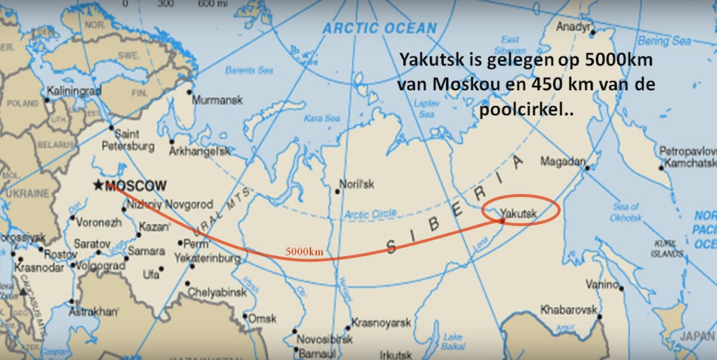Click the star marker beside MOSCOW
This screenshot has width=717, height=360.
tap(98, 185)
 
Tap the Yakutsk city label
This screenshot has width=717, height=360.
tap(518, 213)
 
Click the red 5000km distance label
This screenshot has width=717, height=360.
tap(304, 252)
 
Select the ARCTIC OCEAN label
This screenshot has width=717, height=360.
tap(380, 28)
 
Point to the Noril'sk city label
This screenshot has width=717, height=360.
tap(357, 184)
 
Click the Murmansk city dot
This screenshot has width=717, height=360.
tap(189, 92)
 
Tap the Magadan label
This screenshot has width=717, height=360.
tap(563, 161)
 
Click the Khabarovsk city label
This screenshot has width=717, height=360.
tap(569, 309)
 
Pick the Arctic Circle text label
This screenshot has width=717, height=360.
tap(370, 214)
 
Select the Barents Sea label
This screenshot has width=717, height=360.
tap(249, 70)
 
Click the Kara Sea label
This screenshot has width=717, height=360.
tap(322, 118)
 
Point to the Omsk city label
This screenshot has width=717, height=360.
tap(262, 319)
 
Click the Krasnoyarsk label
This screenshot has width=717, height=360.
tap(381, 322)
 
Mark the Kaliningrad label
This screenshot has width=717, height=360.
tap(74, 91)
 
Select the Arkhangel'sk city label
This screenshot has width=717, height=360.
tap(199, 152)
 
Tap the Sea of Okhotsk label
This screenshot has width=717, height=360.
tap(626, 212)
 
